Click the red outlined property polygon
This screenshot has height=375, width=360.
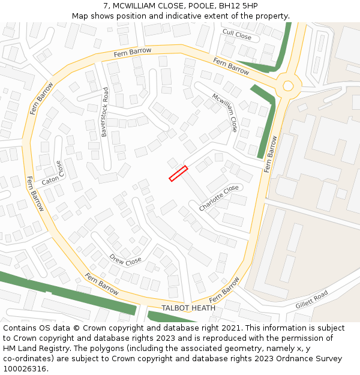tap(178, 173)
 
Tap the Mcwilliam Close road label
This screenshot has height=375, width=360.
tap(224, 112)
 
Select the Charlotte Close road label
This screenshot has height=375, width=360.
tap(218, 198)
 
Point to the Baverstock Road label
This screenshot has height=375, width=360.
tap(105, 112)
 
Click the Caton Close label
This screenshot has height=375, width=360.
tap(51, 173)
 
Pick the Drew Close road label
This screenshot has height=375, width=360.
tap(125, 260)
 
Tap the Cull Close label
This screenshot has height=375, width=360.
tap(237, 35)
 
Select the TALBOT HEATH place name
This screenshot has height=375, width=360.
tap(188, 308)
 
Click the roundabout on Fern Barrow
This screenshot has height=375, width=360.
tap(288, 85)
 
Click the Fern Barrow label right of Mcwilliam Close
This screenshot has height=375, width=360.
tap(271, 154)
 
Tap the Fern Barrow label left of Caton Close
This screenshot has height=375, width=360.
tap(35, 194)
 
